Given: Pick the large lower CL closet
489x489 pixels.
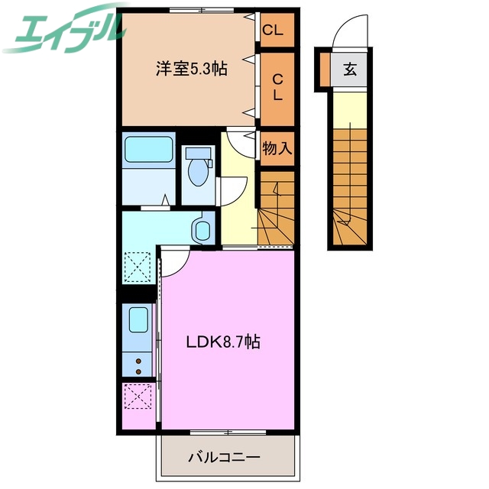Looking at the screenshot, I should point(278,86).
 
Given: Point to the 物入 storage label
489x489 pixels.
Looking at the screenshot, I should point(277,148).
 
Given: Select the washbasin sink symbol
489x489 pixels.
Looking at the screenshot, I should point(202,229).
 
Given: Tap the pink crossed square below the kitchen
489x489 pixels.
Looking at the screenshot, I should point(138,399).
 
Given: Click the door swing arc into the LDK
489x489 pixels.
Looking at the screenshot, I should point(174,264).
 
